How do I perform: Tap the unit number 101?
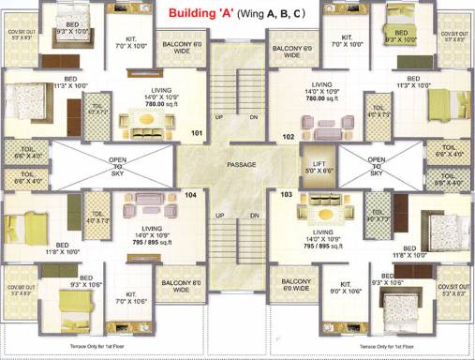click(x=198, y=134)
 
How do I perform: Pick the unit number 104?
click(x=190, y=195)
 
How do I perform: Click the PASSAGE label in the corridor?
click(x=242, y=164)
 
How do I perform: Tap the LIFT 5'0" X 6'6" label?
click(x=316, y=167)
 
